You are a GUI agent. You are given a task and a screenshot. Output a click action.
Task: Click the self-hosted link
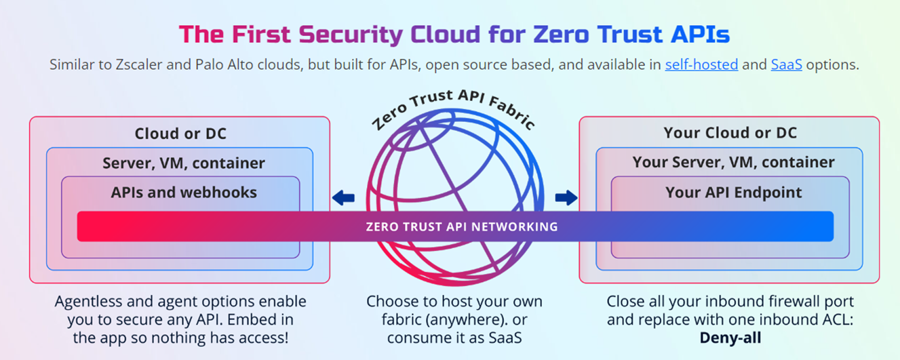click(x=701, y=65)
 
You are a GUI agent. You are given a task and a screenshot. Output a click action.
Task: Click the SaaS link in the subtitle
click(x=786, y=65)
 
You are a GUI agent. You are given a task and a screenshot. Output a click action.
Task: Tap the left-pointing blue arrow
click(x=343, y=198)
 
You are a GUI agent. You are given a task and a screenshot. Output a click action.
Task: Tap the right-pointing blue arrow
click(x=566, y=198)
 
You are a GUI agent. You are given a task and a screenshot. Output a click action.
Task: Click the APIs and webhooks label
click(x=184, y=193)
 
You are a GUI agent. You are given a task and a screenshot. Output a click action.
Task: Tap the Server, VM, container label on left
click(x=184, y=163)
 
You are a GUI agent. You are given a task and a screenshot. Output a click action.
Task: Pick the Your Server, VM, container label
click(x=733, y=163)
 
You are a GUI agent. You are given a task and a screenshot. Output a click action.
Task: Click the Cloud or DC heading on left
click(x=180, y=134)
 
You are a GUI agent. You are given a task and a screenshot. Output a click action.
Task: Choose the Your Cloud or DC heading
click(x=730, y=133)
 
